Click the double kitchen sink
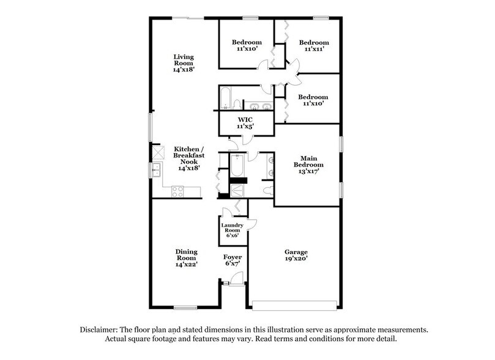tap(157, 169)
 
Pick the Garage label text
tap(296, 252)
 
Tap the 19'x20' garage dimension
tap(296, 260)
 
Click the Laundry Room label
tap(233, 229)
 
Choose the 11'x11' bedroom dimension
tap(313, 50)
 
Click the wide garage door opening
tap(296, 304)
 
